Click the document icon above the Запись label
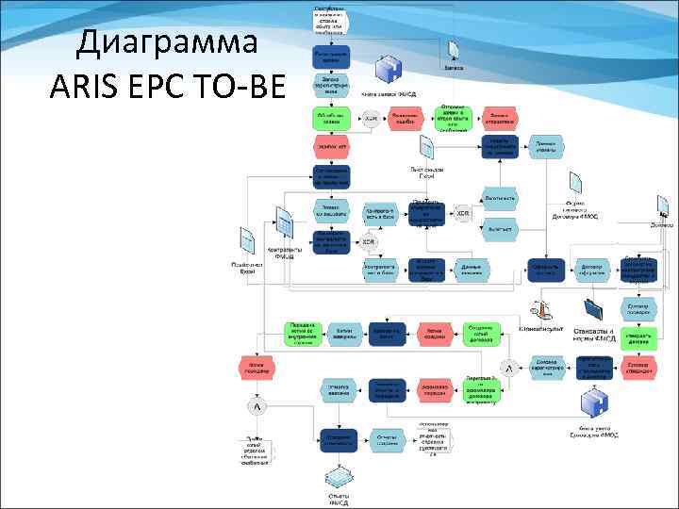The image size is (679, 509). tap(455, 49)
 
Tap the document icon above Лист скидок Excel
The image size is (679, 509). tap(426, 147)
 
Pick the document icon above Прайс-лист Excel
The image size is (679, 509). tap(247, 240)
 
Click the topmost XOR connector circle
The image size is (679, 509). tap(372, 119)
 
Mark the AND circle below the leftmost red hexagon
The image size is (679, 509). tap(256, 406)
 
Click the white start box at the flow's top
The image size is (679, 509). tap(331, 20)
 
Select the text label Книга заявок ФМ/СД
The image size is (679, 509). tap(389, 94)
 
